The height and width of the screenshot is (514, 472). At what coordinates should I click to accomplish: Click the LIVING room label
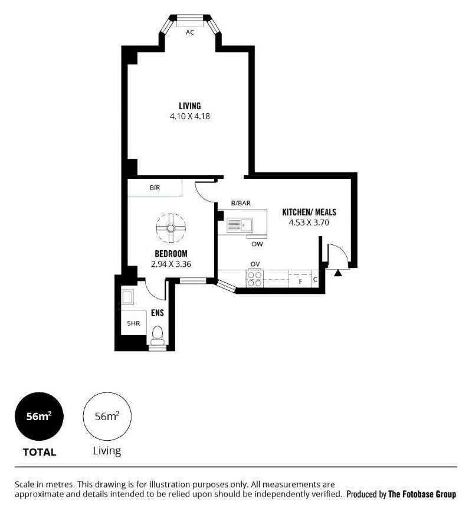[190, 106]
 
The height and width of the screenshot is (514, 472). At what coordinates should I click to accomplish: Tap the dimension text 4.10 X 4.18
[190, 116]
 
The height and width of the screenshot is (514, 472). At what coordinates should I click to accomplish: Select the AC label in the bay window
[190, 32]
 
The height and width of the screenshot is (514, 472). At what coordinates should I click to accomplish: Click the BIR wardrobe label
[155, 188]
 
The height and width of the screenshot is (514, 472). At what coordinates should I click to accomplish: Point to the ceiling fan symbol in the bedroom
[171, 228]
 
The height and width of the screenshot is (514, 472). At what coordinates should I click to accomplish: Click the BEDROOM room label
[171, 254]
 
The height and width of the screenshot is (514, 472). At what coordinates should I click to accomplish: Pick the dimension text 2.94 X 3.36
[171, 264]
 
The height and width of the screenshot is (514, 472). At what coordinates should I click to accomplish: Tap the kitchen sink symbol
[240, 225]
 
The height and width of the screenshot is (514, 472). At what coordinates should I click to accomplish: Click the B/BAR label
[241, 203]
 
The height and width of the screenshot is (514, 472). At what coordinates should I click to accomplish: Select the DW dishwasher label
[257, 244]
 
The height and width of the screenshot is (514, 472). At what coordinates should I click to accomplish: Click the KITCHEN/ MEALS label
[309, 212]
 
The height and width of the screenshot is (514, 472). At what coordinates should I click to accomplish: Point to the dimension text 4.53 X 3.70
[309, 222]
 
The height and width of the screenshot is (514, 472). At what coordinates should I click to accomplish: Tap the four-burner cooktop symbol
[255, 279]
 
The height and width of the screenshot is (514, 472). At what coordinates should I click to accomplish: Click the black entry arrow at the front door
[338, 273]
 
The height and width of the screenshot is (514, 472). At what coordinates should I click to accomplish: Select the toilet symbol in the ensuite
[158, 335]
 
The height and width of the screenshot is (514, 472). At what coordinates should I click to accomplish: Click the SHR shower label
[133, 323]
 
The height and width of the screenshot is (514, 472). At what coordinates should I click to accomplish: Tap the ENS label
[158, 313]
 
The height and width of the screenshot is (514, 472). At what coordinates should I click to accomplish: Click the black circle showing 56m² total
[40, 417]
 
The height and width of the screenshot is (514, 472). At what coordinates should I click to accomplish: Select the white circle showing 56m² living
[107, 417]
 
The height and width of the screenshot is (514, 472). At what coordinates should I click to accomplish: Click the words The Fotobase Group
[422, 494]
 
